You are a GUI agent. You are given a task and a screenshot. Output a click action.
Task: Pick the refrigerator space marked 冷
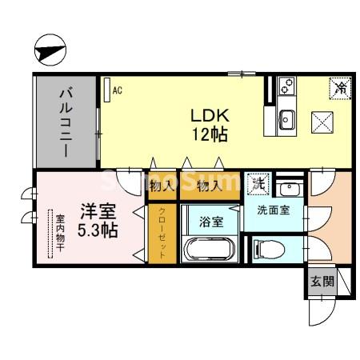tap(339, 86)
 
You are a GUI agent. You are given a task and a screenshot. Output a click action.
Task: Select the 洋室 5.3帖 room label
tap(98, 220)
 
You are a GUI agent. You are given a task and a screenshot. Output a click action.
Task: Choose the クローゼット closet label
tap(162, 232)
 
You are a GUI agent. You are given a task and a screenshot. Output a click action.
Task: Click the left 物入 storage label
tap(162, 186)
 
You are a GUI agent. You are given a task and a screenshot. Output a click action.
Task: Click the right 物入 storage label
tap(209, 186)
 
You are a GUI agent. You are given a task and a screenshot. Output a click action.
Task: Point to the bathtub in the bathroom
tap(209, 248)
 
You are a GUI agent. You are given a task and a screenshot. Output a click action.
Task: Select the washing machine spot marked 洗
tap(258, 182)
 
